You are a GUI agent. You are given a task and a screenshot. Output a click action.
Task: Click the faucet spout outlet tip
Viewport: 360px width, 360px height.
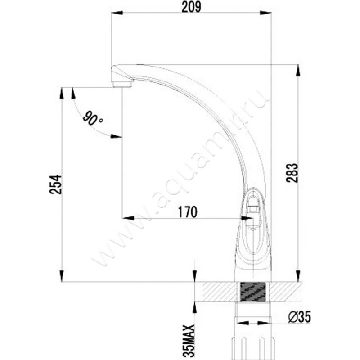(x=121, y=84)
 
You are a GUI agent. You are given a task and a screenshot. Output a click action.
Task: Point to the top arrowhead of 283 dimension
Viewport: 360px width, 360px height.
(x=297, y=69)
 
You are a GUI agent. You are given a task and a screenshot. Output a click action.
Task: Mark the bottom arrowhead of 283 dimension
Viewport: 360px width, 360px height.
(x=297, y=277)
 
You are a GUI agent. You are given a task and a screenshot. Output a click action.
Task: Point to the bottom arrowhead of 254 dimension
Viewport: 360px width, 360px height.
(x=62, y=277)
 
